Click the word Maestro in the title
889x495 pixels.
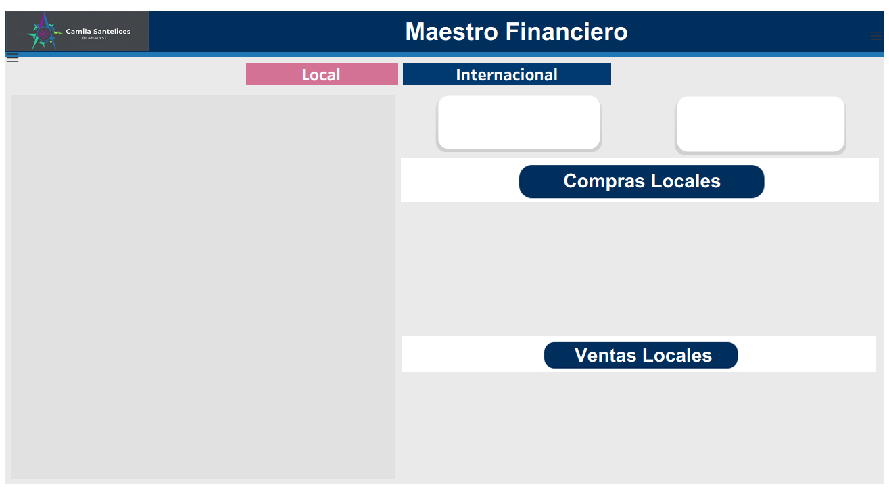(x=451, y=32)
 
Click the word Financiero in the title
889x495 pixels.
(x=567, y=32)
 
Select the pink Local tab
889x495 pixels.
(x=322, y=74)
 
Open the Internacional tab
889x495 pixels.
(x=507, y=74)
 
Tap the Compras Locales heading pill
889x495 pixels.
(x=642, y=181)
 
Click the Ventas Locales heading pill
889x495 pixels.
(x=641, y=355)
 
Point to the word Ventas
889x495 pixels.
(x=605, y=355)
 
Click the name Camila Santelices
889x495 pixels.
(x=98, y=31)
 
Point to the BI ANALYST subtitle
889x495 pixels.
(x=95, y=38)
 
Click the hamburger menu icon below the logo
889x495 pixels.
(x=12, y=58)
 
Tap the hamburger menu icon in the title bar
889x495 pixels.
(x=876, y=36)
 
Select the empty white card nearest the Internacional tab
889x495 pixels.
(x=519, y=123)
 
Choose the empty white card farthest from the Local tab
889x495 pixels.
(x=761, y=124)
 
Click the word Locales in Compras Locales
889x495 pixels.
(x=686, y=181)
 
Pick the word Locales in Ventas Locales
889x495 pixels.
(x=677, y=355)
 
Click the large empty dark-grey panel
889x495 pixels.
(x=203, y=287)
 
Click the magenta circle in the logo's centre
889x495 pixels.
(x=44, y=34)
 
